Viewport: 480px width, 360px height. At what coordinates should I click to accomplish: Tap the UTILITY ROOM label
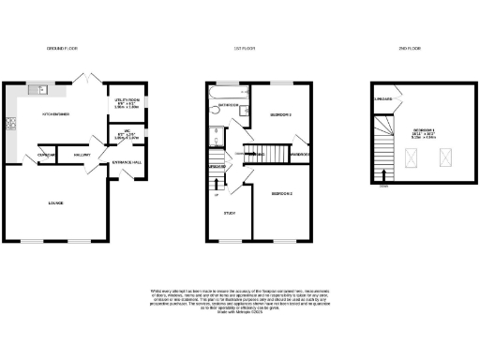point(127,100)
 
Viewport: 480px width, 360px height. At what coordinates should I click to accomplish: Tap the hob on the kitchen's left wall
point(12,122)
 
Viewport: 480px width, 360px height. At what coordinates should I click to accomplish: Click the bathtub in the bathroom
point(228,95)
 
